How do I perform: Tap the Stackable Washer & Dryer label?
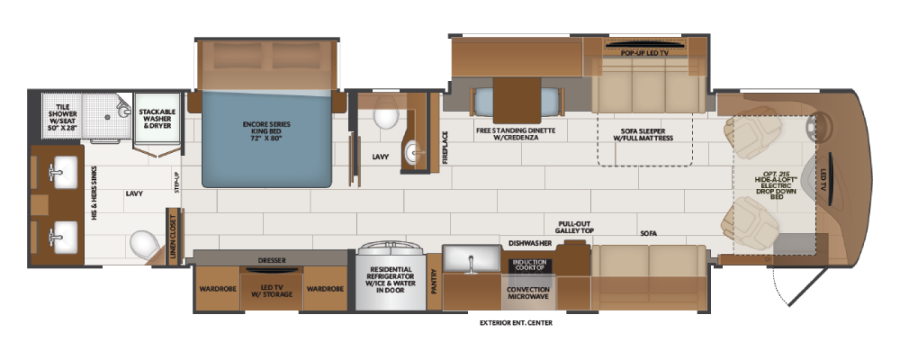click(157, 118)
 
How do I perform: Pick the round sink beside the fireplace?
click(415, 153)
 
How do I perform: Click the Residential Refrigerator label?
click(391, 280)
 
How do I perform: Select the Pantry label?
click(434, 282)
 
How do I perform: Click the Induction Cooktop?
click(530, 265)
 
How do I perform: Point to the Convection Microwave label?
click(528, 292)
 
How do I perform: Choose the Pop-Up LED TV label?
click(644, 53)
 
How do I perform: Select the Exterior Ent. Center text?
click(516, 323)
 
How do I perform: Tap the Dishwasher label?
click(530, 243)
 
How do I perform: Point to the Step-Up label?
click(177, 181)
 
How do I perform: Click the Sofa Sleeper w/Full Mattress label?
click(643, 134)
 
